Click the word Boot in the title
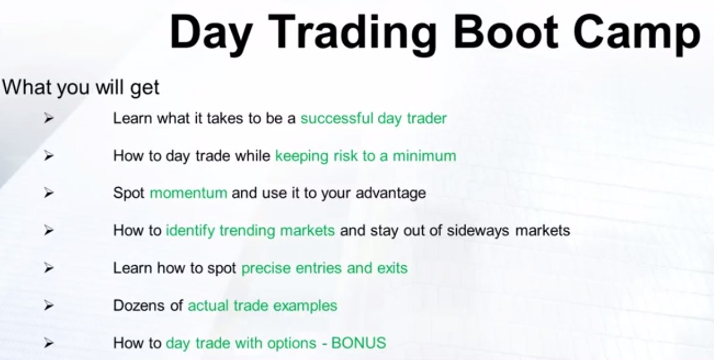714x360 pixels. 506,32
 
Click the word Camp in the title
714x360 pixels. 637,35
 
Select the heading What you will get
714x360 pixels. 81,87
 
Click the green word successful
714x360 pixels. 337,118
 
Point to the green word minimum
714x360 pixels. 424,156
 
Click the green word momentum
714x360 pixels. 189,193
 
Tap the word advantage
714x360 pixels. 391,193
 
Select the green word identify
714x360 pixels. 190,231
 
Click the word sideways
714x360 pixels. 478,231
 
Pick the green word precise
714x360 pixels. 266,268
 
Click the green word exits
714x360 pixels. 392,268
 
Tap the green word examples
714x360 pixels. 305,306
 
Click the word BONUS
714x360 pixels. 359,343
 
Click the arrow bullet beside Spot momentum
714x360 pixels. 49,193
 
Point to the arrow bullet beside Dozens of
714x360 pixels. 49,306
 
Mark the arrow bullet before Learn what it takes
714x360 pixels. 49,118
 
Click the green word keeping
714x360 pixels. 302,156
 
